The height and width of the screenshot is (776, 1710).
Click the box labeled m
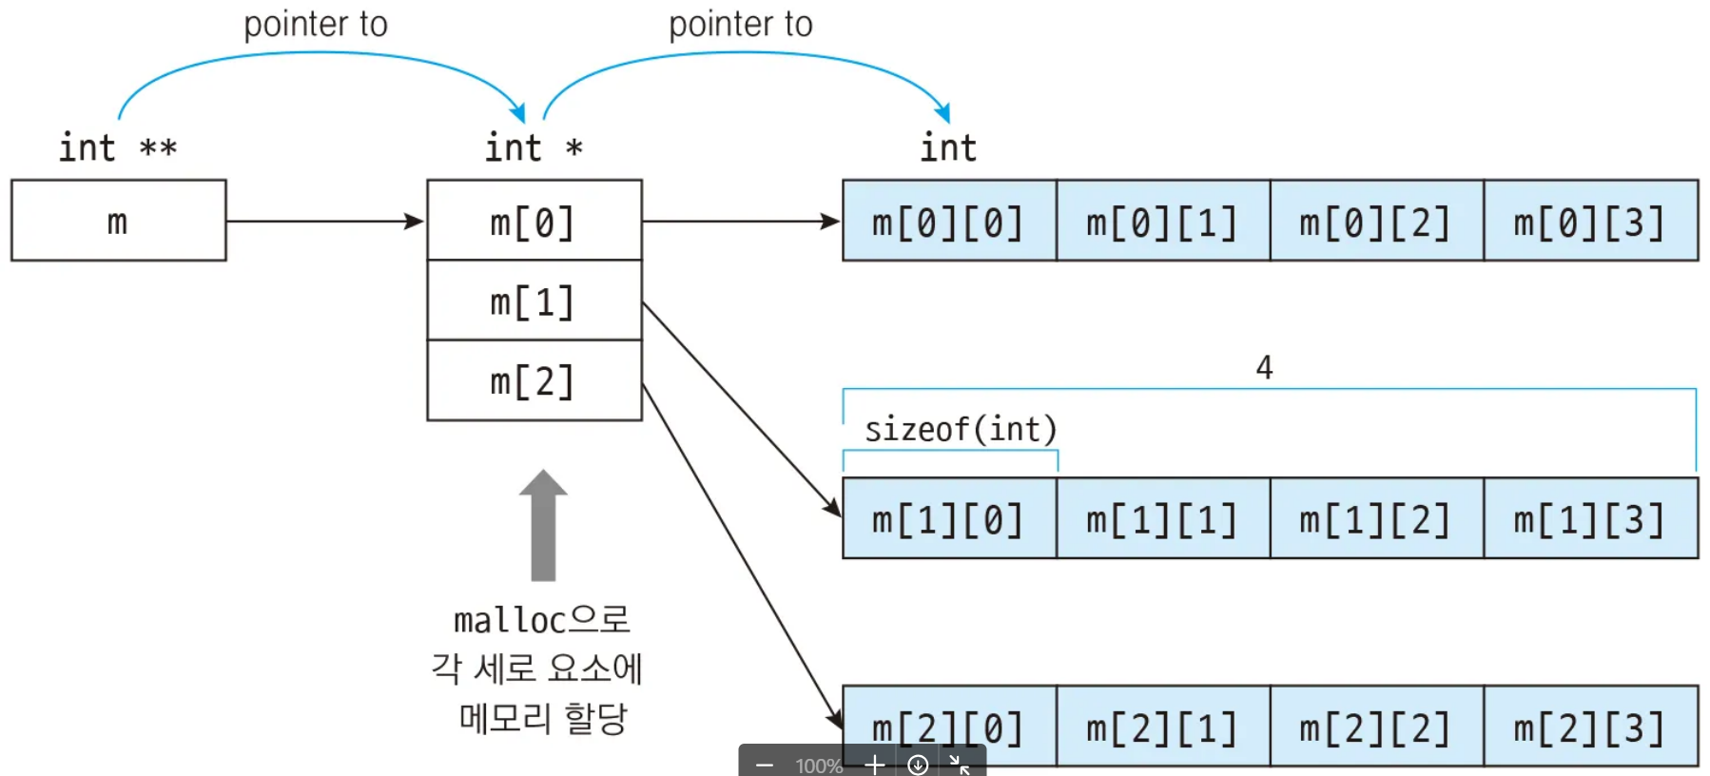point(118,221)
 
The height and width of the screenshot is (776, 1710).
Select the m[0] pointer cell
point(534,221)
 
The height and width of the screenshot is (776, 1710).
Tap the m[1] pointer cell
point(534,301)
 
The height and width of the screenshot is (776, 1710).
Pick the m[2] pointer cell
point(534,380)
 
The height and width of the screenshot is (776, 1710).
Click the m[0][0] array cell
point(948,221)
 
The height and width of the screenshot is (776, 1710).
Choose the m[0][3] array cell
point(1590,221)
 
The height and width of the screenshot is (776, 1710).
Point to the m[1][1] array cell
point(1162,518)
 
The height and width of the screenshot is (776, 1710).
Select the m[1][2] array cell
point(1376,518)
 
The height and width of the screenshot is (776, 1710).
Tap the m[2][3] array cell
point(1590,727)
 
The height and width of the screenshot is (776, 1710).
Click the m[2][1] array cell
point(1162,727)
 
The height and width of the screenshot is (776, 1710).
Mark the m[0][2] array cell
point(1376,221)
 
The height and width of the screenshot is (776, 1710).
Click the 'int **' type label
point(118,147)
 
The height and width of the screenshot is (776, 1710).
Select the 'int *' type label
point(534,147)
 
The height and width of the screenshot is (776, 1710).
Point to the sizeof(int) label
point(961,430)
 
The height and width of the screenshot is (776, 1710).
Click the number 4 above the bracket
point(1264,367)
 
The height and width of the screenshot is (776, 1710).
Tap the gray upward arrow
point(543,525)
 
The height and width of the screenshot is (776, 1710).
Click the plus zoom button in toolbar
point(875,765)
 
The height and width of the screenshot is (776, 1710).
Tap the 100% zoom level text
point(819,766)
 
